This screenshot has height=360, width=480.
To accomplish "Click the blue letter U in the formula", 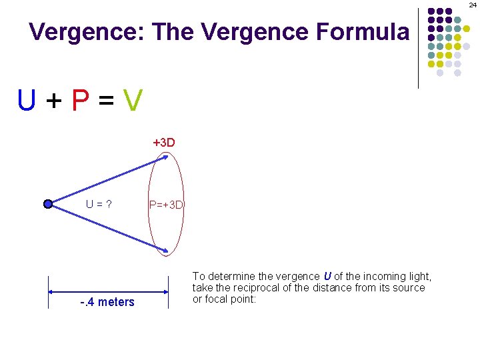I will [27, 101].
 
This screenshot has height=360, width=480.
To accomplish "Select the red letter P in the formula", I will [81, 101].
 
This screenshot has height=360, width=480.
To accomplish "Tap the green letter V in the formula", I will [133, 101].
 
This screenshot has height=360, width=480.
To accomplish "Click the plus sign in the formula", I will [54, 101].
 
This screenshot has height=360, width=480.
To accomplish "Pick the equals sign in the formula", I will [107, 101].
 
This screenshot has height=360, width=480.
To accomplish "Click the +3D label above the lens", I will [164, 143].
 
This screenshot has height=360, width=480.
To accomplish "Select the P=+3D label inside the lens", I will [167, 205].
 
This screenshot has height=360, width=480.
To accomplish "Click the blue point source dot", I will [48, 205].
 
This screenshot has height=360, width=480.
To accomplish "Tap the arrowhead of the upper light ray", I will [165, 158].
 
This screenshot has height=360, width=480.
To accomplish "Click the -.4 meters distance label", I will [107, 302].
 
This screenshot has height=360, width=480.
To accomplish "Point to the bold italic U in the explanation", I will [327, 276].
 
